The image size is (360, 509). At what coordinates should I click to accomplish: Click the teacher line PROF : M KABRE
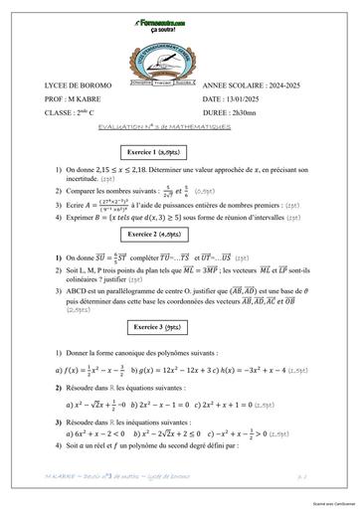[x=76, y=100]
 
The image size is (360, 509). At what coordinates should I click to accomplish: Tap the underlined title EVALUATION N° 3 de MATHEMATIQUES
[x=179, y=129]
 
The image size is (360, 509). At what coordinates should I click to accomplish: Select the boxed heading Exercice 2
[x=180, y=234]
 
